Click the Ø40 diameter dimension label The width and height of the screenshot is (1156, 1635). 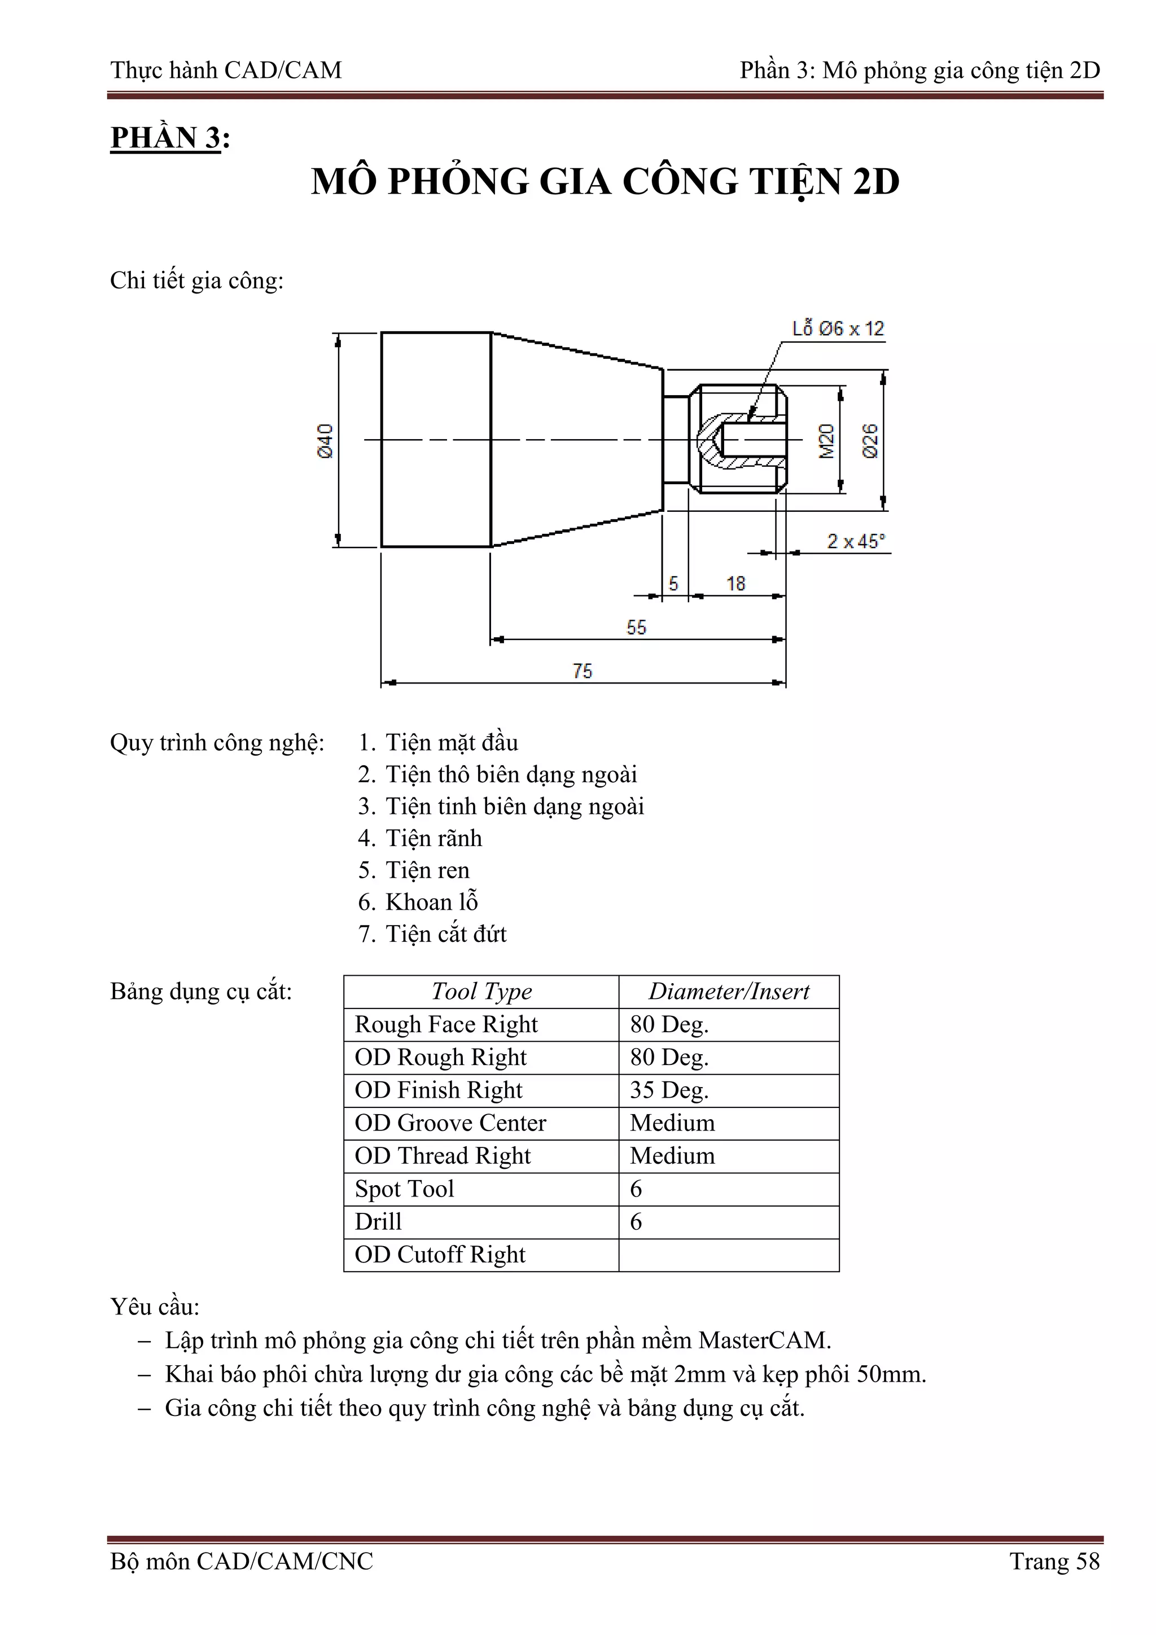tap(325, 441)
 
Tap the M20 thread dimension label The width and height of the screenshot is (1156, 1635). tap(826, 441)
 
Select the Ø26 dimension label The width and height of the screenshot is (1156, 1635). tap(870, 441)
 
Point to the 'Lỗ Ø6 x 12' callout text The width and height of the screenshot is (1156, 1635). tap(838, 329)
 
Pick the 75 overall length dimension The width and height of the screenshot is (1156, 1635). tap(582, 671)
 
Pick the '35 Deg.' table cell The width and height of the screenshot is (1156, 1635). tap(669, 1090)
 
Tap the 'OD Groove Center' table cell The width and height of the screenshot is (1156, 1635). tap(450, 1123)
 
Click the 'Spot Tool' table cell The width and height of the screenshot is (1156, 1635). tap(405, 1189)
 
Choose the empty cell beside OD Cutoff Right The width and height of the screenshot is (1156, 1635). tap(729, 1255)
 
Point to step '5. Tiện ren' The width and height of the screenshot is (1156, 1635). tap(414, 870)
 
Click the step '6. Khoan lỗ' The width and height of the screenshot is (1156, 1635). tap(418, 902)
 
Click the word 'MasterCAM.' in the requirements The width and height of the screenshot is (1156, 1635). tap(764, 1340)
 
